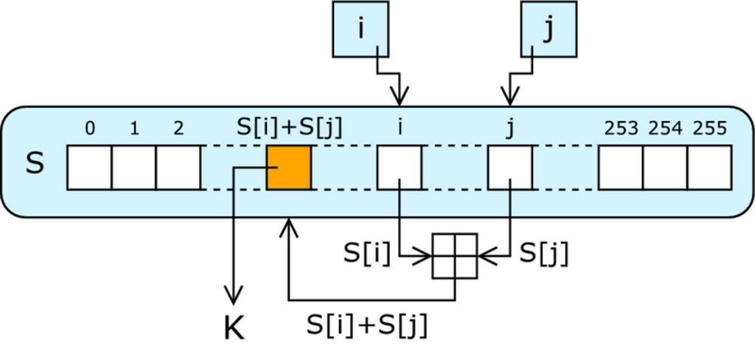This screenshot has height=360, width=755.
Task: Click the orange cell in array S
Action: [288, 167]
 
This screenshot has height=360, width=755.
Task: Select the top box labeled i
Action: [361, 30]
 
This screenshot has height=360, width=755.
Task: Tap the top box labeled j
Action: [549, 30]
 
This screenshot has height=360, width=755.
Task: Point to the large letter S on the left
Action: [35, 163]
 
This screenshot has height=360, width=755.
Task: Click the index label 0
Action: [89, 129]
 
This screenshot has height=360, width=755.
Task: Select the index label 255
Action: [709, 129]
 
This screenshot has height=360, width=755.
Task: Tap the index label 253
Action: [621, 129]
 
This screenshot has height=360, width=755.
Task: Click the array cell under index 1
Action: [133, 167]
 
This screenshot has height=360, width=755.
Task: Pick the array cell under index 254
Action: [665, 167]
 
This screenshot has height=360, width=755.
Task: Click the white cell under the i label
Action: [400, 167]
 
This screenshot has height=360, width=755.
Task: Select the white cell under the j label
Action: [510, 167]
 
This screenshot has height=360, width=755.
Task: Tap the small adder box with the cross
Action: [455, 256]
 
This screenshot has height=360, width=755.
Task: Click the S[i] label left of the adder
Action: [366, 254]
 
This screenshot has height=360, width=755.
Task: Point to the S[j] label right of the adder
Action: [544, 254]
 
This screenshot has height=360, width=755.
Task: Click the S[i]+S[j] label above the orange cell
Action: [289, 127]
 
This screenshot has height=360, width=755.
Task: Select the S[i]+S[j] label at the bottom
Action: [366, 325]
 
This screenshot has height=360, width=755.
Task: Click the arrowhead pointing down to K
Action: [234, 297]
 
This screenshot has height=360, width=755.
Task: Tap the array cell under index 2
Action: [178, 167]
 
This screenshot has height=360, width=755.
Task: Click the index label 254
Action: [665, 129]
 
